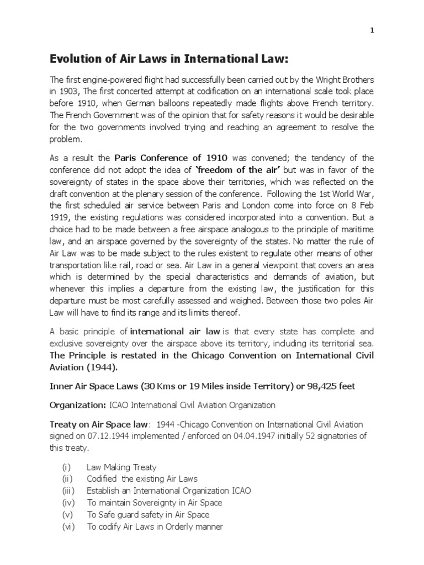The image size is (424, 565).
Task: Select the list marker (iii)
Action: pyautogui.click(x=70, y=490)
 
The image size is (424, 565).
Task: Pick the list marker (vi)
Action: pyautogui.click(x=70, y=526)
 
